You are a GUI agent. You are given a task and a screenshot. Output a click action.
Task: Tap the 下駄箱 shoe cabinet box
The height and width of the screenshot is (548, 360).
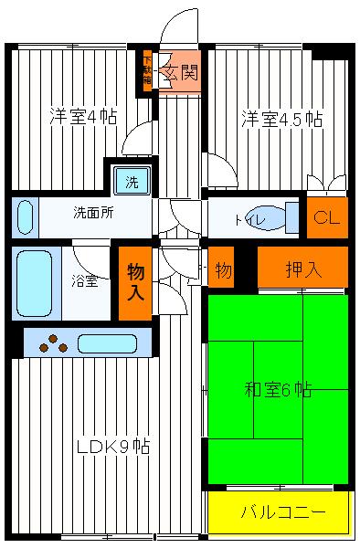(x=147, y=69)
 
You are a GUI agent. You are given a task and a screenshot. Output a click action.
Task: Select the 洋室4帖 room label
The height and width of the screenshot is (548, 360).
(x=82, y=118)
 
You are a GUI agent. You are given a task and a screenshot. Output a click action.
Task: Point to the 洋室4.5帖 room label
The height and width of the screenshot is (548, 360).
(x=281, y=118)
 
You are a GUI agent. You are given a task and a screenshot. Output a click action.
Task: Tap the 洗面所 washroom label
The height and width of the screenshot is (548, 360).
(x=92, y=216)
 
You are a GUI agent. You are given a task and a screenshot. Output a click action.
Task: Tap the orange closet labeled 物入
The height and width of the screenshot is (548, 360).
(x=134, y=283)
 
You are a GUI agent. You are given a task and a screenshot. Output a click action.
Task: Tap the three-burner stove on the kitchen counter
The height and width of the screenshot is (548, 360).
(x=53, y=343)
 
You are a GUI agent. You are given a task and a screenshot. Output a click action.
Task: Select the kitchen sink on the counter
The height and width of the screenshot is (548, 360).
(x=107, y=343)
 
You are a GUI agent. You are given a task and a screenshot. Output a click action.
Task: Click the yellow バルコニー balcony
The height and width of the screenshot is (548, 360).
(x=281, y=511)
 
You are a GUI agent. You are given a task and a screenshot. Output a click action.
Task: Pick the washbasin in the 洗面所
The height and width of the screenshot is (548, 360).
(x=26, y=217)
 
